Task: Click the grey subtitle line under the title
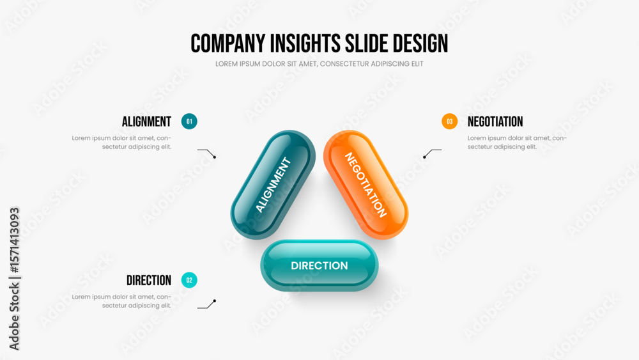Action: [x=319, y=64]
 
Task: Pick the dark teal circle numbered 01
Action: [x=189, y=121]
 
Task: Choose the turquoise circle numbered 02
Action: [x=189, y=280]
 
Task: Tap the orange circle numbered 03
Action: [x=449, y=121]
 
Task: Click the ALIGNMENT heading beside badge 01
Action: [x=147, y=121]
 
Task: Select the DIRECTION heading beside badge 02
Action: [x=149, y=280]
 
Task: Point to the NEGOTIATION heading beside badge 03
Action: [x=495, y=121]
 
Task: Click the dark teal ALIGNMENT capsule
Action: [x=273, y=185]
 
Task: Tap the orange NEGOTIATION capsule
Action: [x=366, y=185]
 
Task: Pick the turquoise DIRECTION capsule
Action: [x=319, y=265]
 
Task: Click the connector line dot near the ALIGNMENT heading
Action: [x=215, y=157]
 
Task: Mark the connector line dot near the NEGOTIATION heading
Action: [x=424, y=157]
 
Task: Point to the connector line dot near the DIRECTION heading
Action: [x=215, y=301]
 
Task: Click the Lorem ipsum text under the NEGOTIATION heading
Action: [x=517, y=143]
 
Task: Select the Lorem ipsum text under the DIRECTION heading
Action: [x=121, y=301]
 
